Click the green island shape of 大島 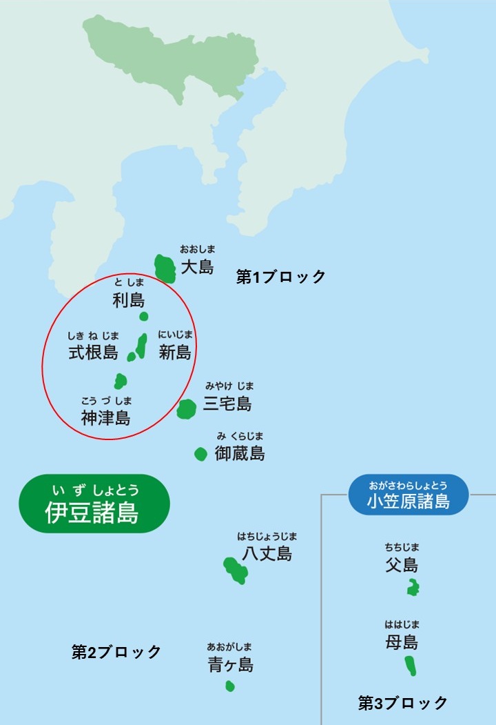(165, 268)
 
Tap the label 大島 (197, 266)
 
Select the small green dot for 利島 (143, 317)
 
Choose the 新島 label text (175, 353)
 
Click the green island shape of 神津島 (121, 381)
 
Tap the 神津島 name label (105, 417)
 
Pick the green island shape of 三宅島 (187, 409)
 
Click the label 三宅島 (227, 404)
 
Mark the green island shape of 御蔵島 (200, 454)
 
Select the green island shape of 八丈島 (236, 570)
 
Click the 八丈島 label (267, 553)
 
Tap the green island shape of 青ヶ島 (230, 686)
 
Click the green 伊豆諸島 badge (93, 504)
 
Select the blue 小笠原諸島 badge (409, 494)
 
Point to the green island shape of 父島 (413, 588)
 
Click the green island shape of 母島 (411, 666)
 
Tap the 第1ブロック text (281, 277)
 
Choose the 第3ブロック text (403, 703)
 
